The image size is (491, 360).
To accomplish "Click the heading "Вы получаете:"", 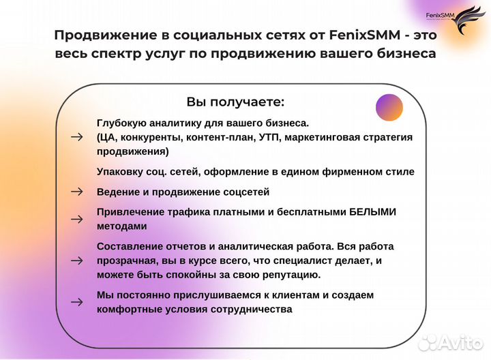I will tap(235, 102).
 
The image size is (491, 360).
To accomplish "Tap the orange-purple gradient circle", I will tap(389, 107).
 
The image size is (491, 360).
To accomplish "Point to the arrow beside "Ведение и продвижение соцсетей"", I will tap(76, 192).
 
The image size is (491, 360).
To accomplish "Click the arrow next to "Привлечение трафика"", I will tap(76, 219).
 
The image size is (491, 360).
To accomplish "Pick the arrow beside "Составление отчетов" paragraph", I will tap(76, 260).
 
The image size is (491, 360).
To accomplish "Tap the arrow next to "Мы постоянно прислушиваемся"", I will tap(76, 301).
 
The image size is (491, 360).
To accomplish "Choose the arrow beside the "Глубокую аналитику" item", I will tap(76, 137).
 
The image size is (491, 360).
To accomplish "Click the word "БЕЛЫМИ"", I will tap(372, 212).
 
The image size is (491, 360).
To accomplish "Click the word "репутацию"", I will tap(286, 274).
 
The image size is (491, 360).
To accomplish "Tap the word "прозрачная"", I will tap(128, 260).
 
